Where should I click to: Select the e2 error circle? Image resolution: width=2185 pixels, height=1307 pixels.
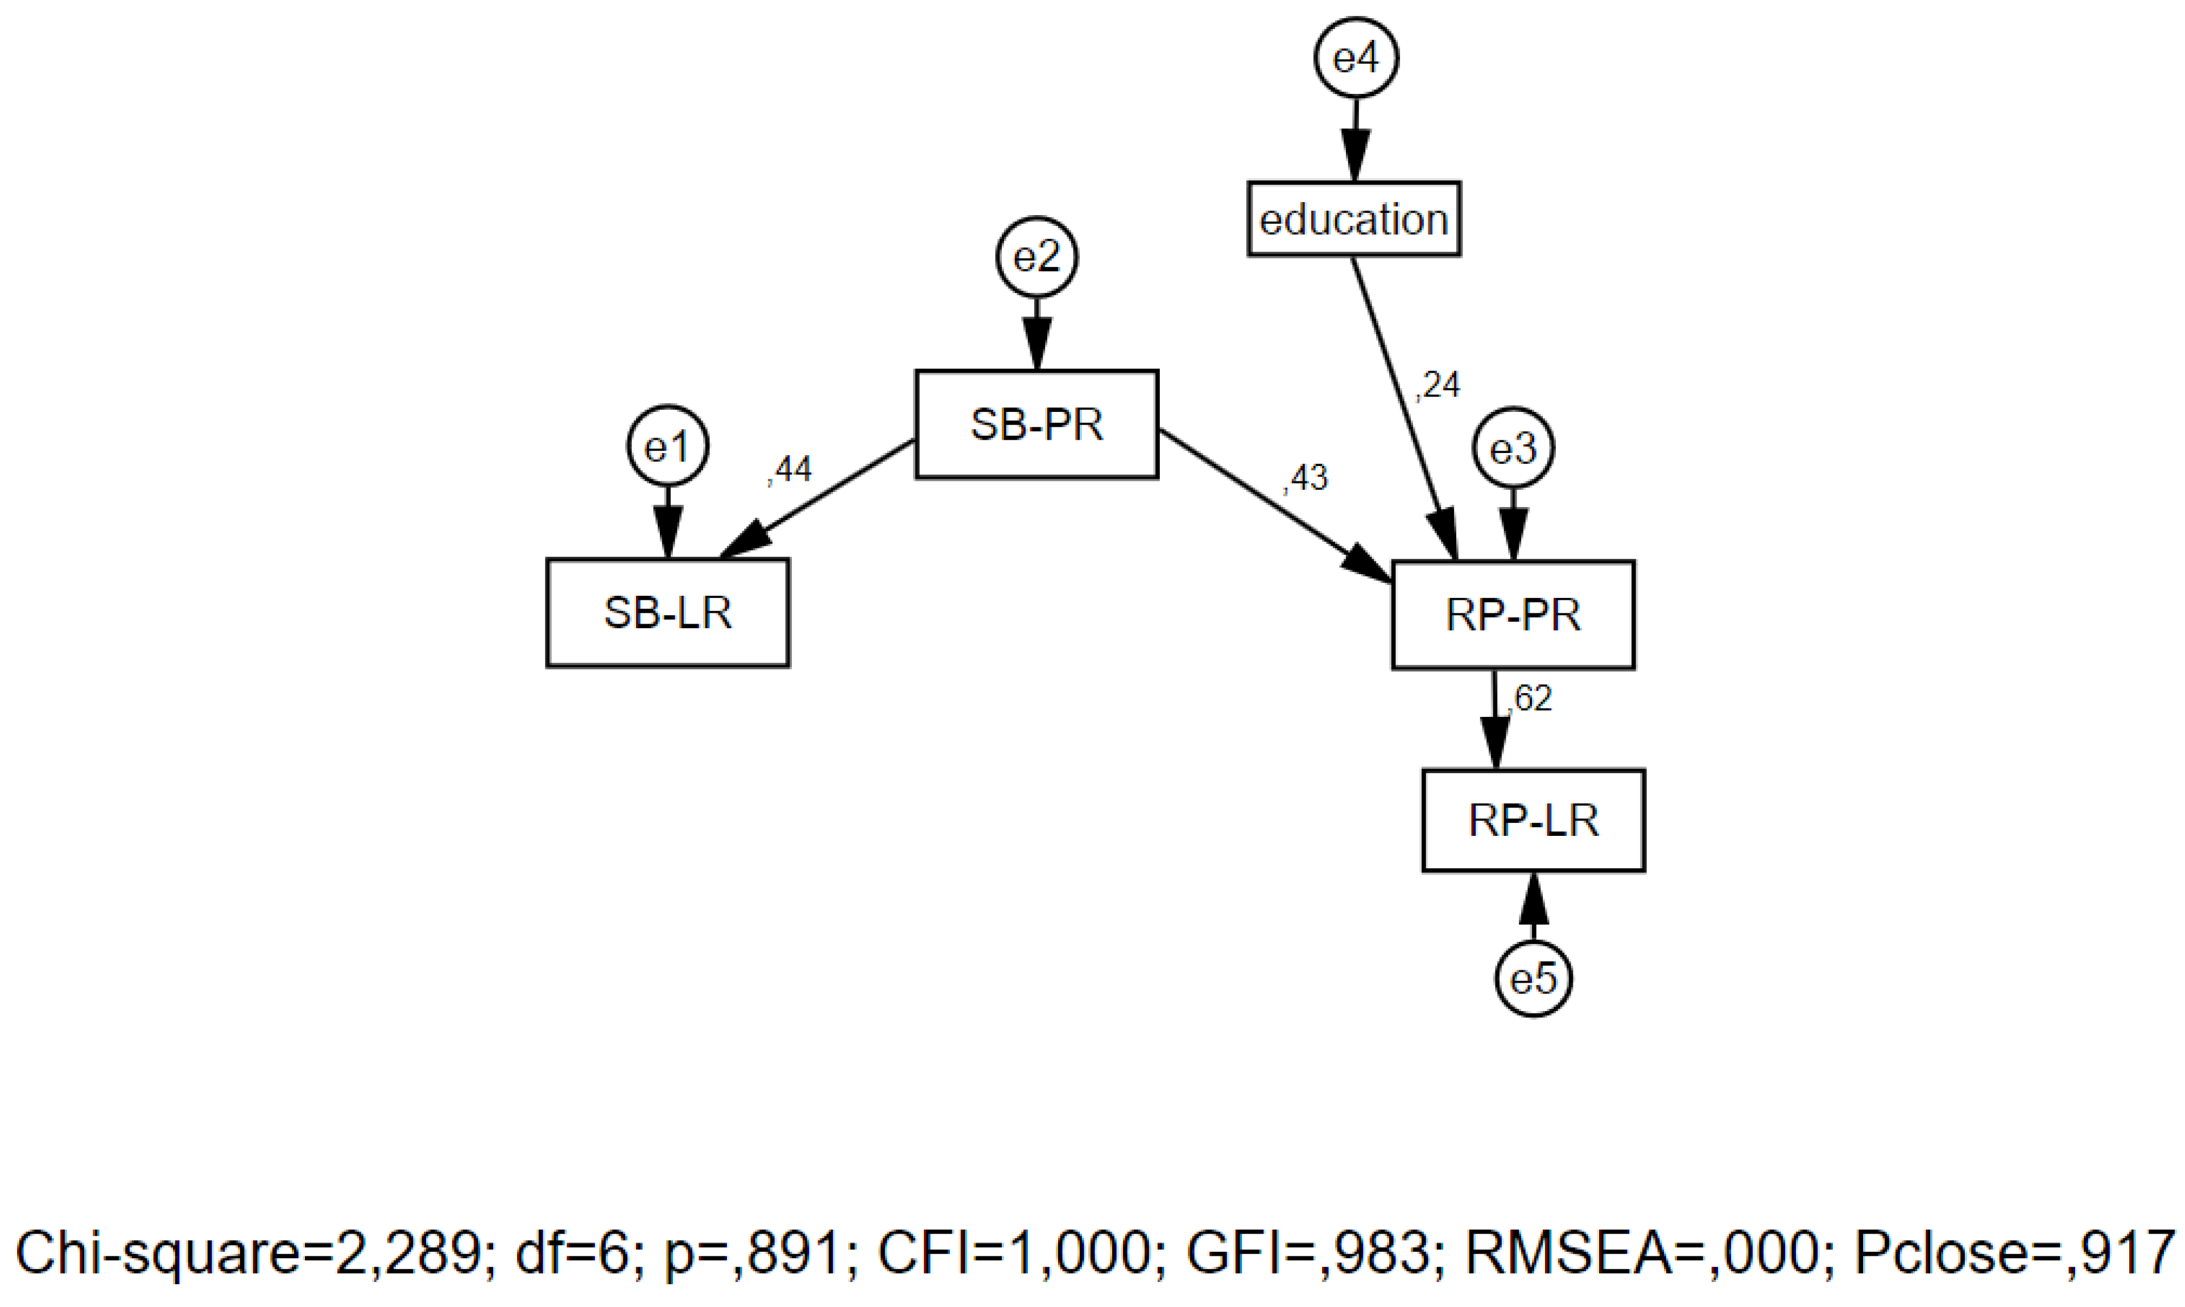click(1036, 257)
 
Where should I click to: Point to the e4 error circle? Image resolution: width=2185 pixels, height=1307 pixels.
click(1356, 58)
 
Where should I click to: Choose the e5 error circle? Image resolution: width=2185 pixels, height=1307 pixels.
click(1534, 979)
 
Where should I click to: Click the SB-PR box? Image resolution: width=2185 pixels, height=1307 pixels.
click(1036, 424)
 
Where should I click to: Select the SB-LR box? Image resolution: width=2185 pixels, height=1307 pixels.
click(667, 613)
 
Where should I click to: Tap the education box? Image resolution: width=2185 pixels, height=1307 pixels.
click(1354, 219)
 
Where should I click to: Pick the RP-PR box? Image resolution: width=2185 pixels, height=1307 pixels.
click(1513, 615)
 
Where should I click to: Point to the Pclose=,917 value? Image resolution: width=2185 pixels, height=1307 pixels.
click(2014, 1254)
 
